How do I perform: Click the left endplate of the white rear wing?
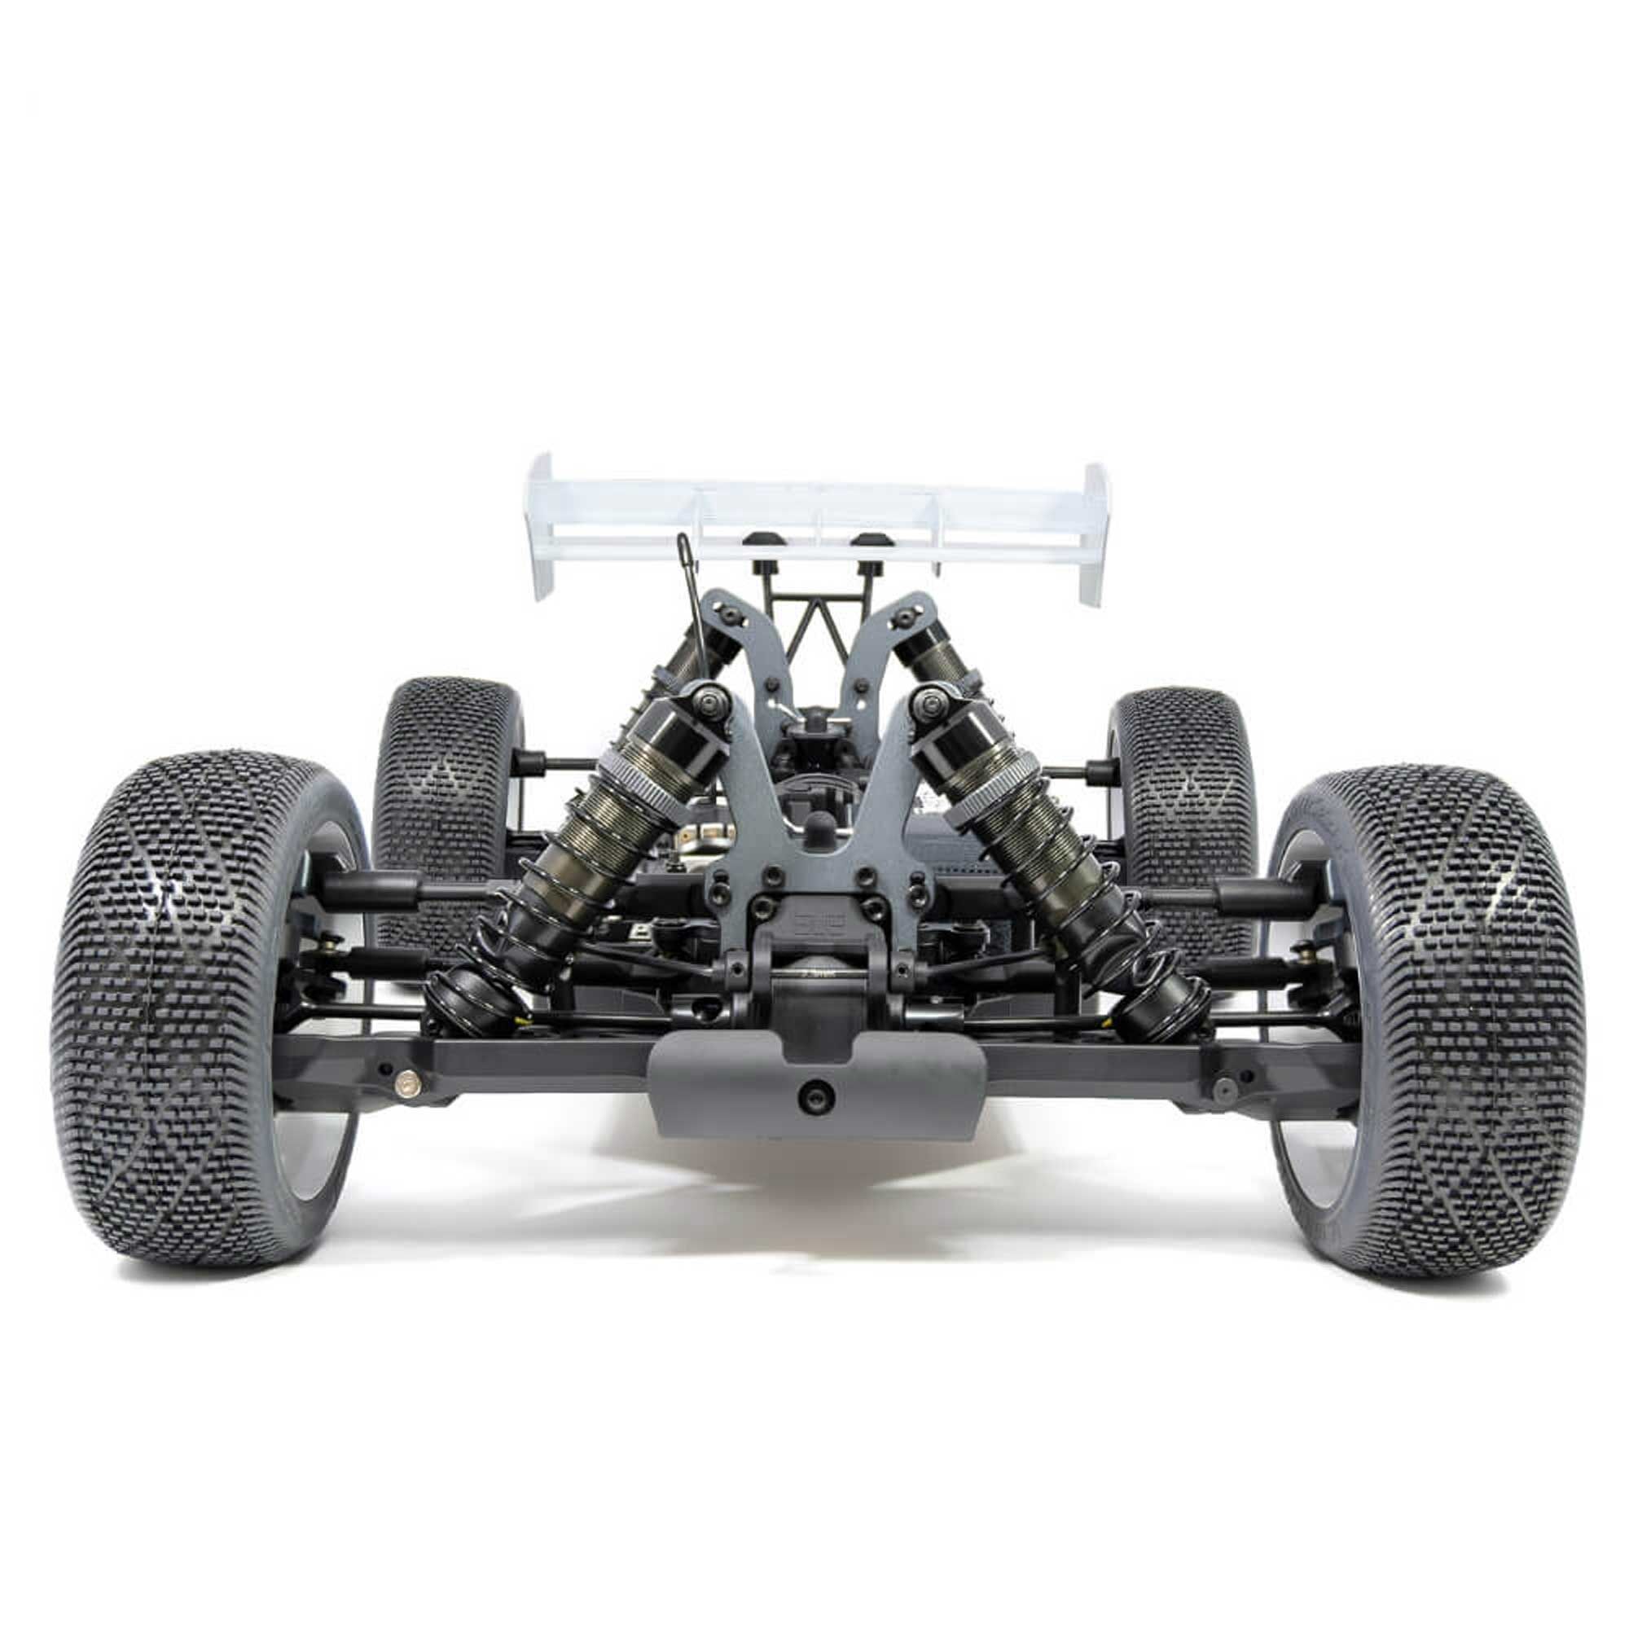(x=541, y=527)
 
